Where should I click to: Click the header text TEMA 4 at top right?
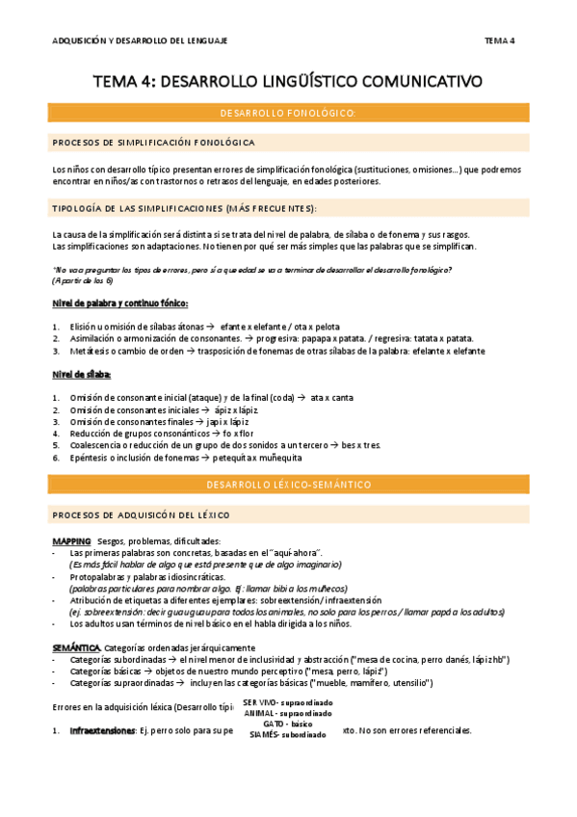[x=499, y=40]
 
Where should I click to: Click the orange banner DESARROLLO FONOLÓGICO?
[x=288, y=114]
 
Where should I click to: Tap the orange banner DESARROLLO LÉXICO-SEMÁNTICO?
[x=288, y=484]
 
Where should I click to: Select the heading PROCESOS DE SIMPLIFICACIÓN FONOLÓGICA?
[x=153, y=143]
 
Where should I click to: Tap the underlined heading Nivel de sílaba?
[x=82, y=373]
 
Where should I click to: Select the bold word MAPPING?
[x=72, y=540]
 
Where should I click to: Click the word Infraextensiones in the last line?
[x=101, y=730]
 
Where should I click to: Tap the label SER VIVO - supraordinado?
[x=287, y=702]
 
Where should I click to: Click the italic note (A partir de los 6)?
[x=82, y=280]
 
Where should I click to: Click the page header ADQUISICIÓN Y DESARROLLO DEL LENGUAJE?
[x=139, y=40]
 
